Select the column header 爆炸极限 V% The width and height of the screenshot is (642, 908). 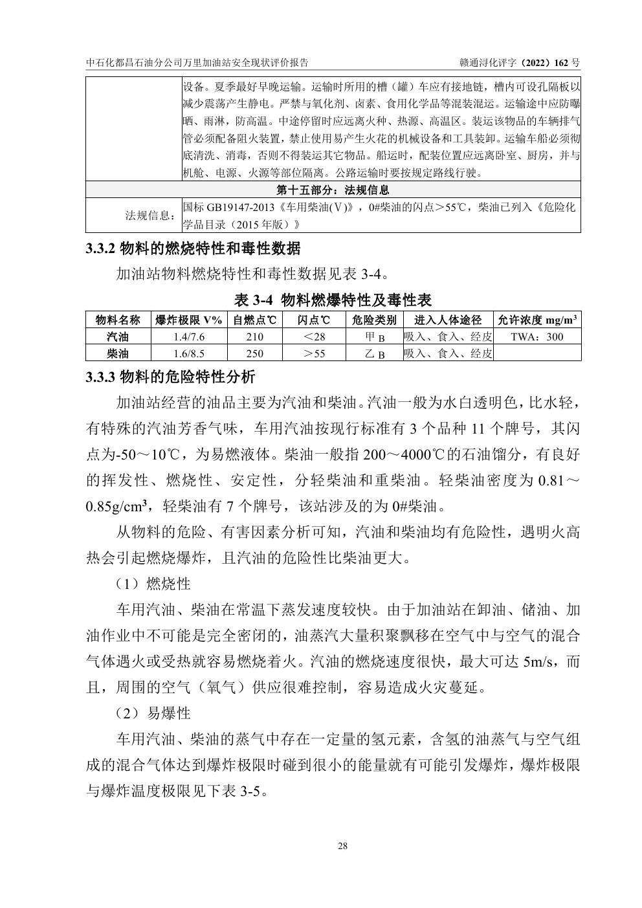[188, 320]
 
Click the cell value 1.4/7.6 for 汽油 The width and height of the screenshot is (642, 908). [188, 337]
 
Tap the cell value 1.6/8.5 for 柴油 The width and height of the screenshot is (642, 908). [188, 353]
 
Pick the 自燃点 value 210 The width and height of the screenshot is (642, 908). [255, 337]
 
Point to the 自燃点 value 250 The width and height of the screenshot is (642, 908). [255, 353]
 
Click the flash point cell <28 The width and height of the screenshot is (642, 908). [314, 337]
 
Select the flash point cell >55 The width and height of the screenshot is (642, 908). [314, 353]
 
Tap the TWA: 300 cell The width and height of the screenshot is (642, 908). [537, 337]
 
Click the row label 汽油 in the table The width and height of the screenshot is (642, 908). [118, 337]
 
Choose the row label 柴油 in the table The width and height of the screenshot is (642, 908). [118, 353]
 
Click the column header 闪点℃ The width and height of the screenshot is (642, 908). [314, 320]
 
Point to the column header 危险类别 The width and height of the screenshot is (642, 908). [374, 320]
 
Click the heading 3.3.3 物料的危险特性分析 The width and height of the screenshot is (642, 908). [171, 377]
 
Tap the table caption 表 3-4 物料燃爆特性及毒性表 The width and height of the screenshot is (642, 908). [333, 300]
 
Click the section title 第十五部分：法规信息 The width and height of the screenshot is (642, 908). [333, 190]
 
